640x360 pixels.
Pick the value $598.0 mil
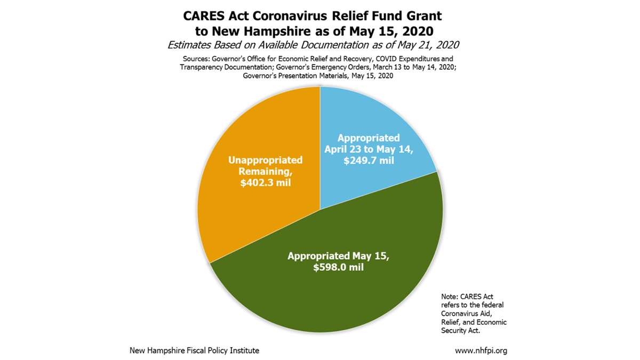pos(339,267)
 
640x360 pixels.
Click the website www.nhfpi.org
pos(481,351)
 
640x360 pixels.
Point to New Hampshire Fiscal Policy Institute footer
pos(195,351)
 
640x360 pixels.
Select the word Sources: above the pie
pos(195,58)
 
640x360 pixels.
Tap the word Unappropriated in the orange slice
pos(266,160)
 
